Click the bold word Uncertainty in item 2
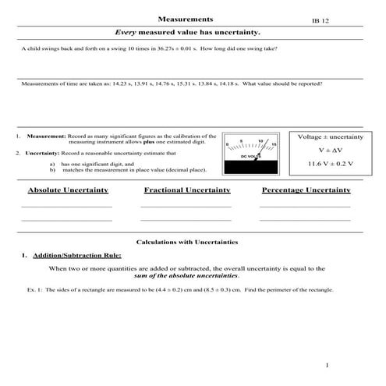point(46,154)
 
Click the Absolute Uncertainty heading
point(68,190)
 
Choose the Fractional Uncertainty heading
point(187,190)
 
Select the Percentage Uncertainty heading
point(306,190)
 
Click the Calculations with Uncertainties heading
point(187,243)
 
